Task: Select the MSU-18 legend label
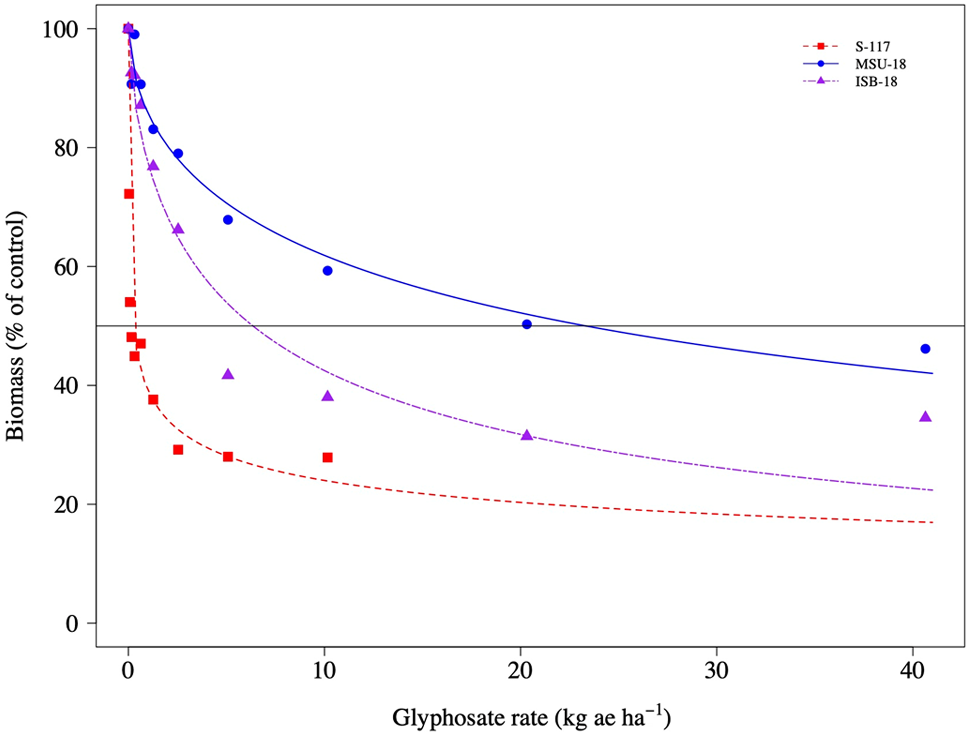point(880,64)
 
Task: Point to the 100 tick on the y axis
point(60,30)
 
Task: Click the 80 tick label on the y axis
point(66,148)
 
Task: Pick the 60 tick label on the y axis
point(66,267)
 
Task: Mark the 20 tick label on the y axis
point(66,505)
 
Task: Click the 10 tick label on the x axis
point(324,671)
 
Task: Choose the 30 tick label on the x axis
point(717,671)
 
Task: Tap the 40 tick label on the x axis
point(913,671)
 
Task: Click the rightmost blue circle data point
point(925,349)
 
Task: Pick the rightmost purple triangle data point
point(925,417)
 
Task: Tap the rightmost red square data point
point(328,457)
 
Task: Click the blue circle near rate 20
point(527,324)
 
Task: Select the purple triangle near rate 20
point(527,435)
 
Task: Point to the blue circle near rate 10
point(328,270)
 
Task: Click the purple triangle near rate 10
point(328,396)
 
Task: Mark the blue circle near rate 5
point(228,219)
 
